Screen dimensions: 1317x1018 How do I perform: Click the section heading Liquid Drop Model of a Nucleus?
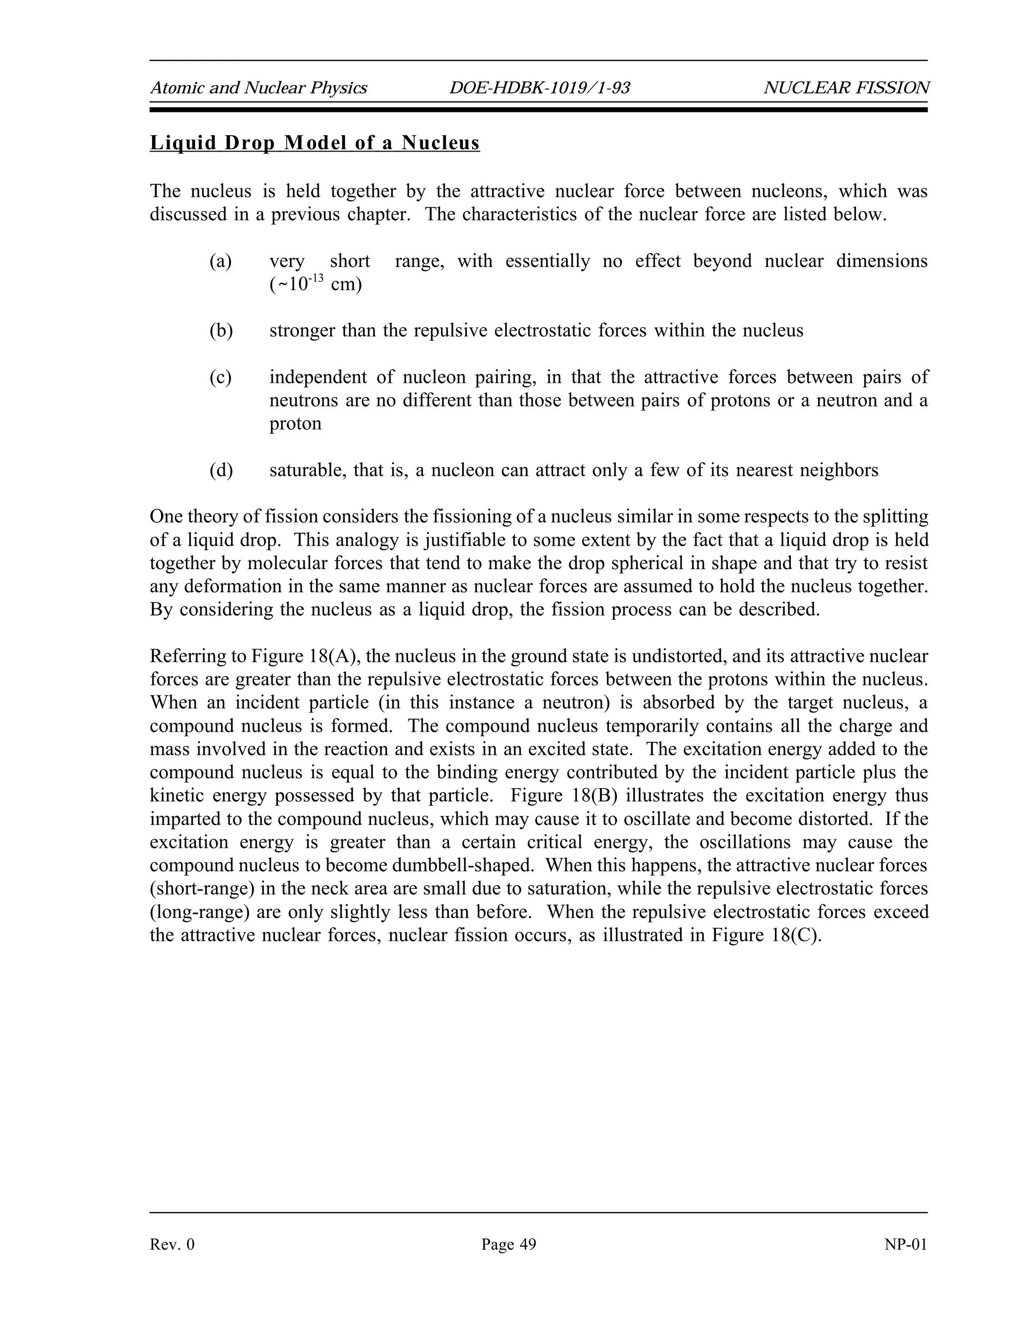(314, 143)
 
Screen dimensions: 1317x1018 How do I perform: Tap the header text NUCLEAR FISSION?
(846, 88)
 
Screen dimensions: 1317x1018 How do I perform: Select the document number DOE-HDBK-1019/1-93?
(539, 88)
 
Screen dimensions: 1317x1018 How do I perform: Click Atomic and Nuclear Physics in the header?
(258, 88)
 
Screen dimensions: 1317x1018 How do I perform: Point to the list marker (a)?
(221, 261)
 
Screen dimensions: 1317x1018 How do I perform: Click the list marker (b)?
(221, 330)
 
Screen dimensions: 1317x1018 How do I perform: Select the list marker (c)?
(221, 377)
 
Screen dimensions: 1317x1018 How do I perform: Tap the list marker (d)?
(221, 470)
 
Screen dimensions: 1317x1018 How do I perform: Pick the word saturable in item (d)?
(308, 470)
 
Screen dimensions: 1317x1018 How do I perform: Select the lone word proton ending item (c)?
(295, 423)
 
